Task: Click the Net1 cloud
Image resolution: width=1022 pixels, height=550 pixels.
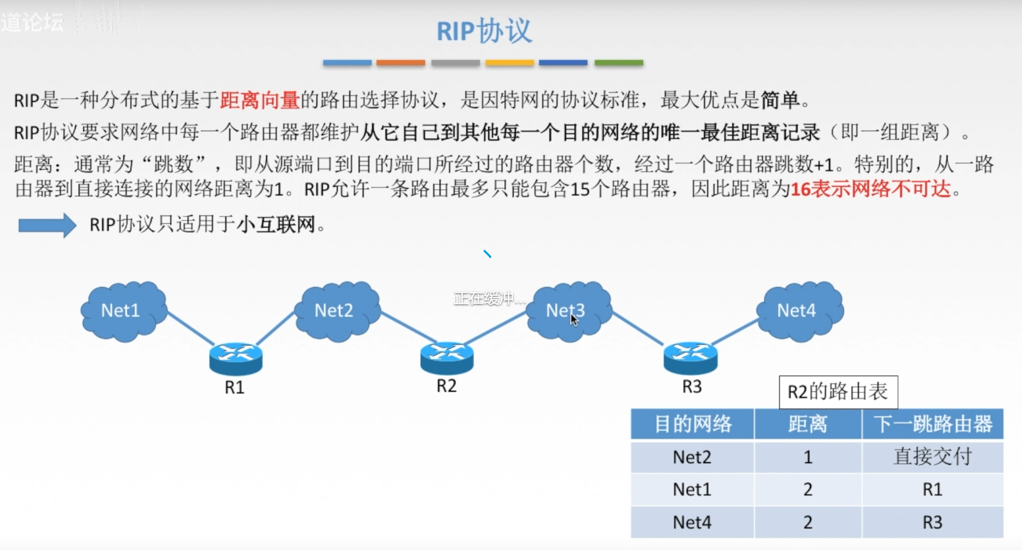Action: click(x=123, y=311)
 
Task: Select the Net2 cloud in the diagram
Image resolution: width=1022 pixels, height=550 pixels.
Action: click(x=337, y=311)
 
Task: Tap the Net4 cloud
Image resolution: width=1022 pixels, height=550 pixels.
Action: click(x=799, y=311)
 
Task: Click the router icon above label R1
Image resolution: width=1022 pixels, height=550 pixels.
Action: click(x=236, y=358)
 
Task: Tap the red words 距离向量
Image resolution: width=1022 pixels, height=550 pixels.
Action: click(x=260, y=100)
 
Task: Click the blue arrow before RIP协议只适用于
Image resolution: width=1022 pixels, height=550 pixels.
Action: click(x=47, y=225)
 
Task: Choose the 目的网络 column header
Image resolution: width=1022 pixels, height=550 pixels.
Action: click(x=692, y=424)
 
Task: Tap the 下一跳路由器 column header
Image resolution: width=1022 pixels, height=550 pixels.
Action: click(x=932, y=424)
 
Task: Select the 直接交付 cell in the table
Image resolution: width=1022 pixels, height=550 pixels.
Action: click(x=932, y=457)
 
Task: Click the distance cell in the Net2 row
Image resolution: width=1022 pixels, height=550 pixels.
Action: click(x=808, y=457)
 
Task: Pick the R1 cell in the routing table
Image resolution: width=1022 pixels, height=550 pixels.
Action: click(x=932, y=489)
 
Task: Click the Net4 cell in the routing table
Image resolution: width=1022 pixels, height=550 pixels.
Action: click(x=692, y=522)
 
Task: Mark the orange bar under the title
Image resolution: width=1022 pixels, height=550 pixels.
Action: click(x=400, y=63)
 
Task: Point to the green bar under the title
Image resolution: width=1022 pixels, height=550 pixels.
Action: click(x=618, y=63)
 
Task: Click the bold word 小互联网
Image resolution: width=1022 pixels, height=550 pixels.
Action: click(x=276, y=225)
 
